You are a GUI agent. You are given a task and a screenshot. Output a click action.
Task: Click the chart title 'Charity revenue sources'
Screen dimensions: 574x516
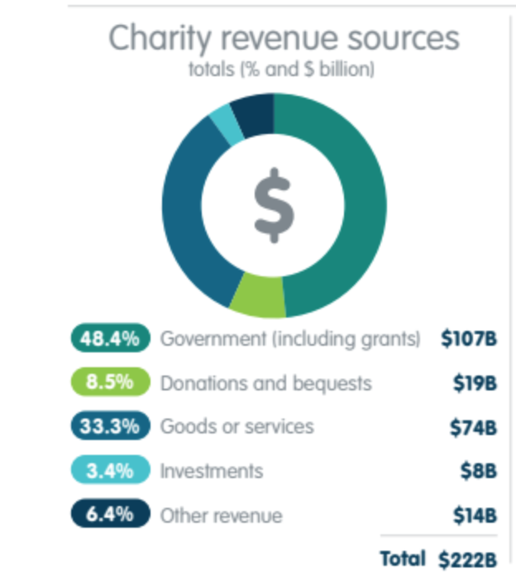pos(284,39)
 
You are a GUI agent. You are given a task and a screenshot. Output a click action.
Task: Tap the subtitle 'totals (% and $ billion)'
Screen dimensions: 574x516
pos(282,69)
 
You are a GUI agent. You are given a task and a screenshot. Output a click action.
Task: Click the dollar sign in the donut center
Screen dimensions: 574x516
pos(274,204)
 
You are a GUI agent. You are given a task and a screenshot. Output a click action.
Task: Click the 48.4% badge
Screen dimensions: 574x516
pos(110,338)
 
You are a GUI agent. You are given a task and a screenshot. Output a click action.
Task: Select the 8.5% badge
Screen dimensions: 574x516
pos(110,383)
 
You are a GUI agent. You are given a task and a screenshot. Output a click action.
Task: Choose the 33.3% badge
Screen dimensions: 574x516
pos(110,427)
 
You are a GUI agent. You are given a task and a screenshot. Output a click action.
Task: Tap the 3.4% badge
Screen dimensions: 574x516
pos(110,471)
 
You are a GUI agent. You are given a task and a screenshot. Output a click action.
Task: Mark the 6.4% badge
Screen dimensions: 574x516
pos(110,514)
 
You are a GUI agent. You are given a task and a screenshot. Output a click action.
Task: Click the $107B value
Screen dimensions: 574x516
pos(469,339)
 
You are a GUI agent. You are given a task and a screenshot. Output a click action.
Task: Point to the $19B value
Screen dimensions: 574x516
pos(475,384)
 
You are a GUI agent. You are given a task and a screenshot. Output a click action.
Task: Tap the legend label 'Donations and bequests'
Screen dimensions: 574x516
pos(265,384)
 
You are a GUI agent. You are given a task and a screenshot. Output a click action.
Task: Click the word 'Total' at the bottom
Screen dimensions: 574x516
pos(403,558)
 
